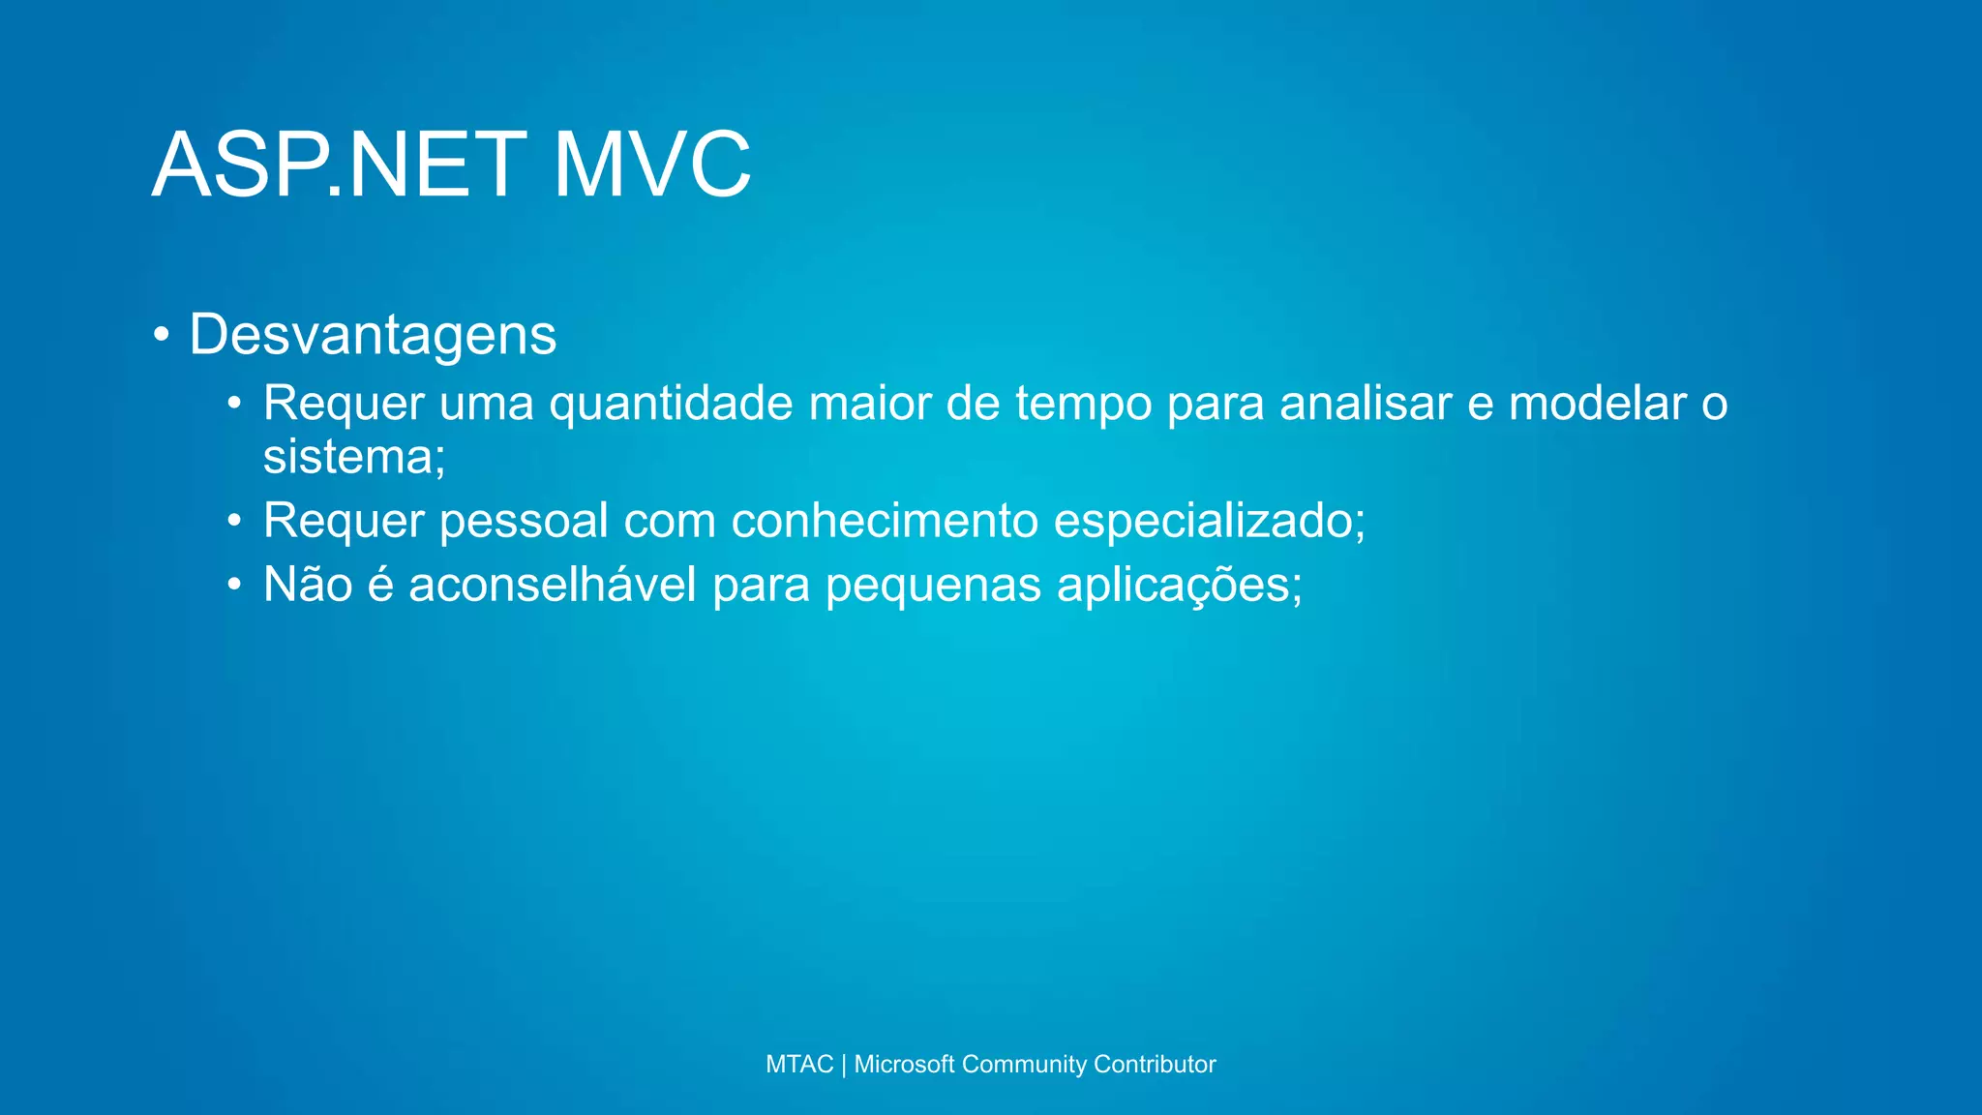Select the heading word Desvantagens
373,335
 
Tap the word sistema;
354,457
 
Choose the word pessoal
524,522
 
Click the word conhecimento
885,521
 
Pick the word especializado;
1209,522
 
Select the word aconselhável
552,585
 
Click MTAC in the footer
798,1065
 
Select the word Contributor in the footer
1155,1065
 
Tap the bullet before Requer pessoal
234,522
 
